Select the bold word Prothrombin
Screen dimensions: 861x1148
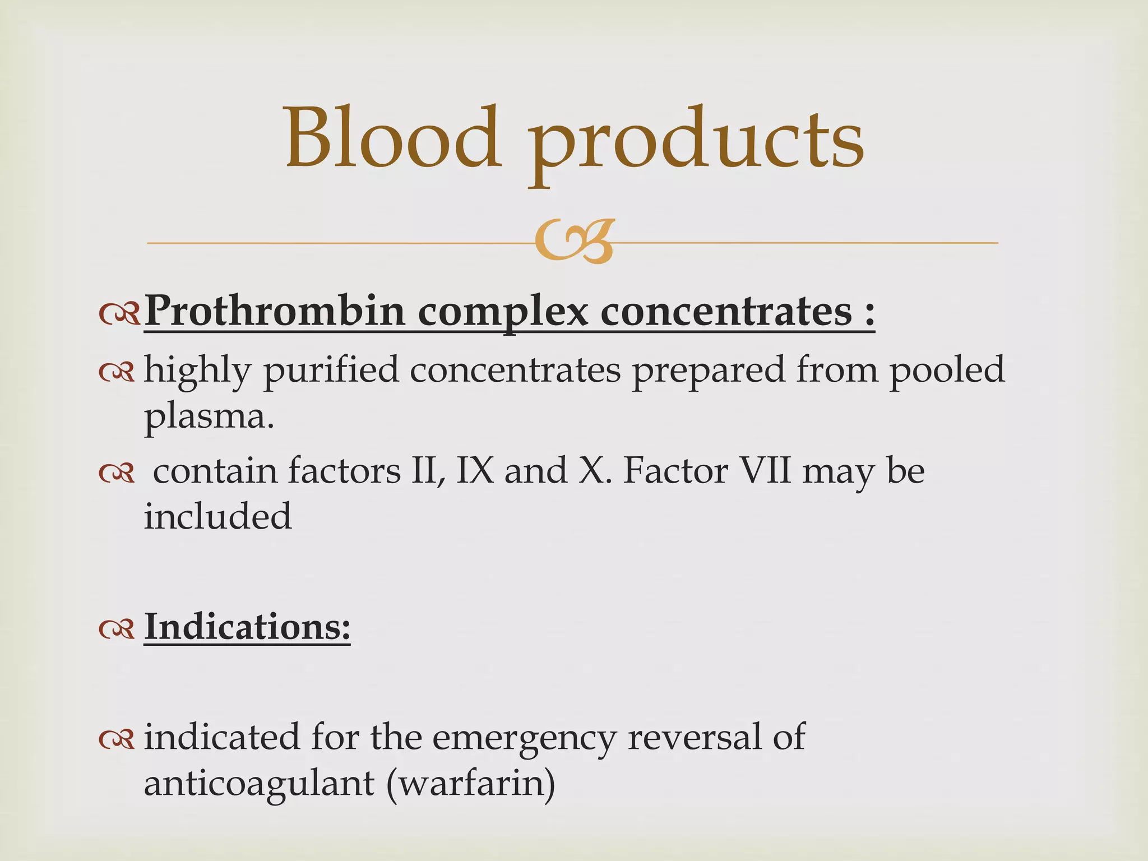point(275,311)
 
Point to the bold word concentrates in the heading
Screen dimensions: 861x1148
point(726,311)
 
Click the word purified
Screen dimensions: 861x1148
point(331,371)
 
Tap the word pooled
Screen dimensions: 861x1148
point(947,371)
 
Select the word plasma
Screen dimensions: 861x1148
point(209,418)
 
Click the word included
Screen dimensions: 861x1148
point(218,516)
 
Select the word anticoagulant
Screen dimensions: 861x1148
point(259,784)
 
